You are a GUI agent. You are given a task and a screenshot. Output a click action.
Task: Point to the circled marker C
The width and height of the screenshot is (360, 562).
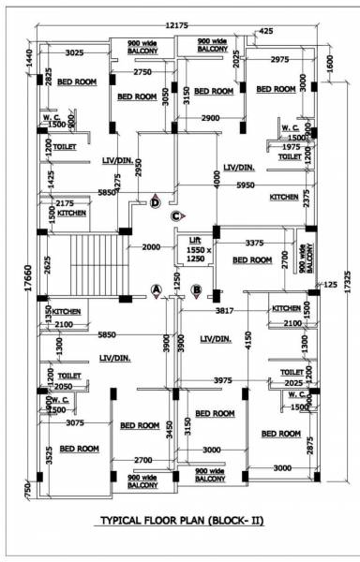pos(175,217)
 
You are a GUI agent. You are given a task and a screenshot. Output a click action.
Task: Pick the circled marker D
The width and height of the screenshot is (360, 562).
pos(156,200)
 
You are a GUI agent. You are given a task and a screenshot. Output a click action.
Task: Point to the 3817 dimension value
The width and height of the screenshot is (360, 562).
pos(224,309)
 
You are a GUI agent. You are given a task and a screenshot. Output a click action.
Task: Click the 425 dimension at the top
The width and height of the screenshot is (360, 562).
pos(266,31)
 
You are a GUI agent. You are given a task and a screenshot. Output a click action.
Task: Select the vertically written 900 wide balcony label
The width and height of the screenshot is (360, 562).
pos(303,251)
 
